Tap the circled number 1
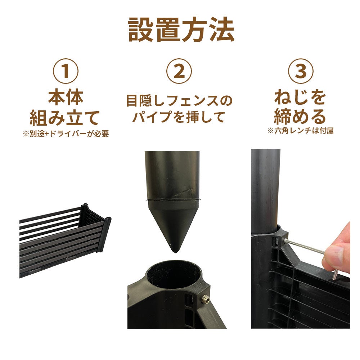click(x=66, y=71)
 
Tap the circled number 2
click(x=179, y=71)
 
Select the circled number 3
click(x=300, y=71)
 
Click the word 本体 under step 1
click(x=66, y=98)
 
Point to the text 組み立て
click(x=66, y=117)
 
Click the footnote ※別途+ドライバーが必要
click(x=66, y=134)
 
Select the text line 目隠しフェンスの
click(x=179, y=101)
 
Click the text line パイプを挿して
click(x=179, y=117)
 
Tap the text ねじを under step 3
click(x=300, y=98)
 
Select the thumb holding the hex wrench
click(x=337, y=256)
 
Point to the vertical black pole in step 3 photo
click(x=265, y=187)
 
